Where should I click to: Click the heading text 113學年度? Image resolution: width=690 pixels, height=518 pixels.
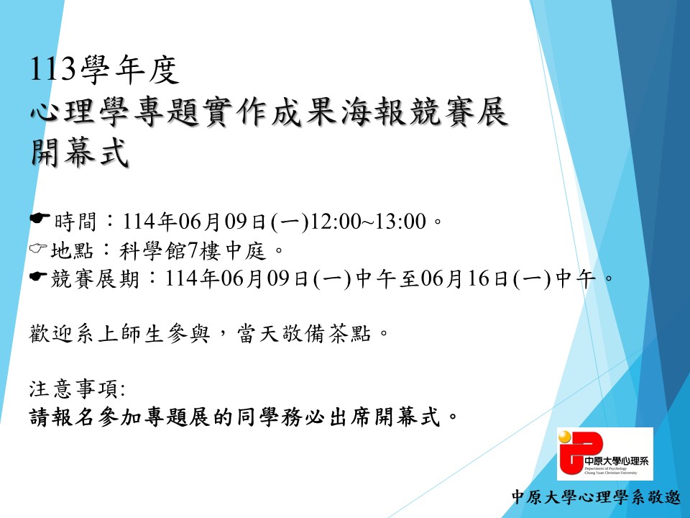[105, 70]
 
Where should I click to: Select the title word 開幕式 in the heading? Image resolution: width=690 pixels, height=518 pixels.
[80, 153]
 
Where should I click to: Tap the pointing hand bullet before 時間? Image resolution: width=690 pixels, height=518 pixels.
[40, 218]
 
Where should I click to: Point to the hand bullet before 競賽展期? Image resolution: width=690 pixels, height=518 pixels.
[38, 276]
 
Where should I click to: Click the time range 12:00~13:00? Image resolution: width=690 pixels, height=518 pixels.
[368, 221]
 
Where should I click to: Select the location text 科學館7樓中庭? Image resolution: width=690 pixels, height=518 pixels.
[193, 250]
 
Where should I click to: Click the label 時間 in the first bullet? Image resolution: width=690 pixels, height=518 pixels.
[75, 221]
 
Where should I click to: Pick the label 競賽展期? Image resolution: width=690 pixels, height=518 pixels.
[95, 278]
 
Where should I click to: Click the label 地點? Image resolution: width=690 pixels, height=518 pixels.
[72, 250]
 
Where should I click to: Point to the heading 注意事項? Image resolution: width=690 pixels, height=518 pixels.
[78, 389]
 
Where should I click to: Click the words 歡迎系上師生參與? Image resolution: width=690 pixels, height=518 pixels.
[119, 333]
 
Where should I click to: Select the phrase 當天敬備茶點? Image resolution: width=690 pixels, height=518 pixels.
[303, 333]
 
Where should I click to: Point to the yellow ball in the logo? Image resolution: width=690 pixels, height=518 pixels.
[565, 437]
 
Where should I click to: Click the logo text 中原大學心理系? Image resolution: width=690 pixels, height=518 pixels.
[617, 461]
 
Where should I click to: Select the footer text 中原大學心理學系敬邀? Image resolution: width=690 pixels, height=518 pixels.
[597, 497]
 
